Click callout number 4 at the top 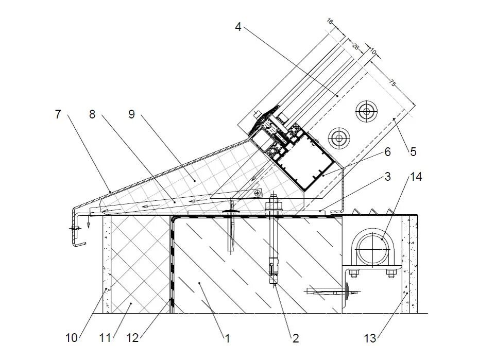click(x=238, y=27)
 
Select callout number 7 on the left click(x=58, y=114)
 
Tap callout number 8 click(x=92, y=114)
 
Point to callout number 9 click(x=131, y=114)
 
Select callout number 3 click(x=388, y=177)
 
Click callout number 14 click(x=416, y=177)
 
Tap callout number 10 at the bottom click(x=71, y=338)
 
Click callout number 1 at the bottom click(x=227, y=338)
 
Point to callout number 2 click(x=295, y=338)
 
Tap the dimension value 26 click(x=355, y=46)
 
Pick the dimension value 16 click(x=330, y=22)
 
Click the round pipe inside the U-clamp click(x=369, y=246)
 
